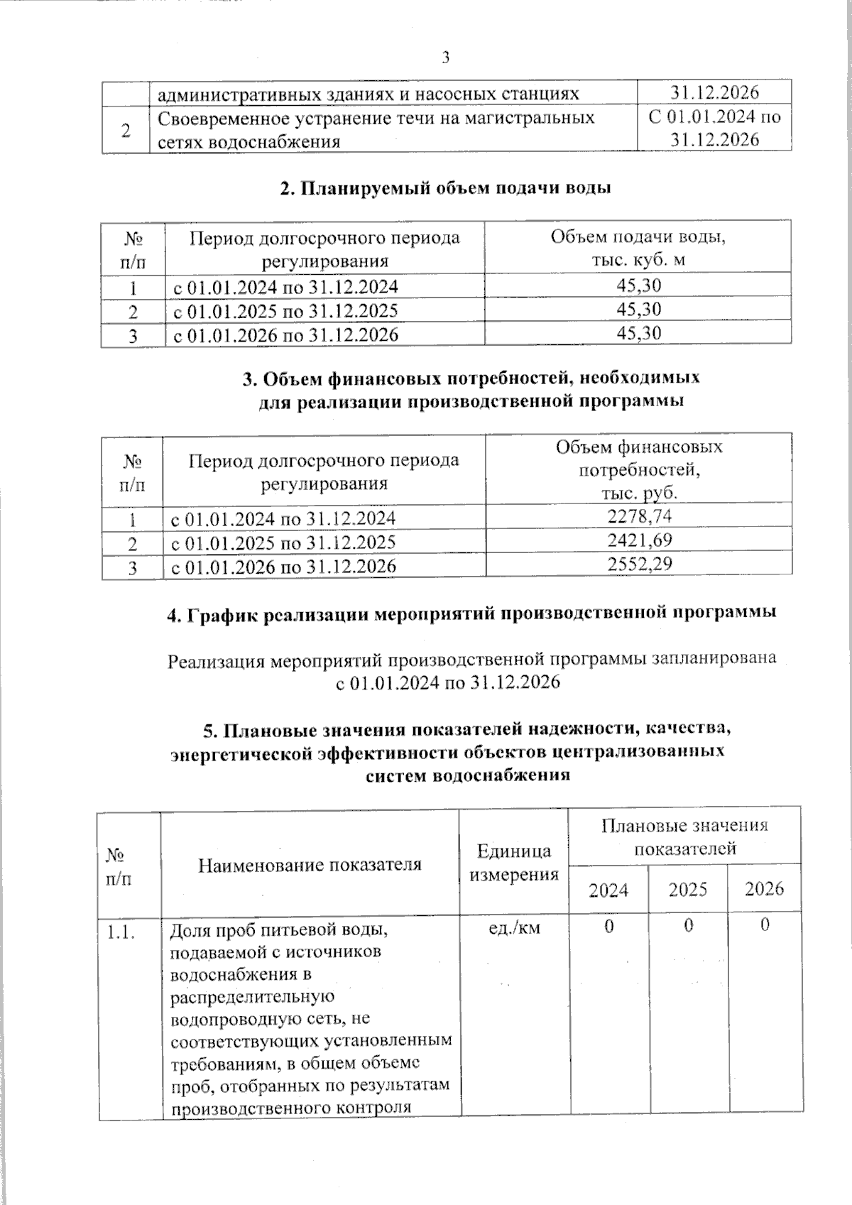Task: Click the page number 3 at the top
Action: pos(446,58)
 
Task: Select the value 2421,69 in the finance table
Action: pos(639,540)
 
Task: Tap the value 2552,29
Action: pos(639,565)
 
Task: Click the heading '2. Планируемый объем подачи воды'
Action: pos(446,188)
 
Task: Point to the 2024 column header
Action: pos(608,890)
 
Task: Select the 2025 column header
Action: pos(687,890)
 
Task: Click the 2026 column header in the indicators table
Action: pos(764,889)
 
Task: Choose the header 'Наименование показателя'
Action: pos(310,864)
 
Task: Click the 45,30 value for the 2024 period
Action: pos(638,285)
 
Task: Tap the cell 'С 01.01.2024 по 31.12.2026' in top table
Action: pos(714,128)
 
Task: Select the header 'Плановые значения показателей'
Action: pos(684,836)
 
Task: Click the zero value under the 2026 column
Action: pos(764,926)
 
